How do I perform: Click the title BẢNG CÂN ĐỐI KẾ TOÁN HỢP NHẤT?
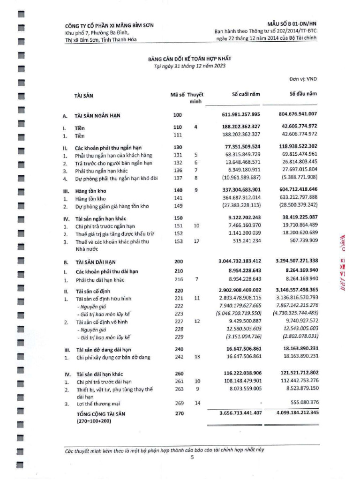coord(190,59)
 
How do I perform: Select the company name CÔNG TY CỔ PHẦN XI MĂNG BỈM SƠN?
coord(109,25)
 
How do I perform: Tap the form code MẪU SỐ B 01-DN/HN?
coord(292,23)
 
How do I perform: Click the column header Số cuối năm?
coord(246,95)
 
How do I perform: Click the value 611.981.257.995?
coord(240,114)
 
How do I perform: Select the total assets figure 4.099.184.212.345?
coord(291,412)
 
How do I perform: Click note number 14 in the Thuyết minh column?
coord(197,403)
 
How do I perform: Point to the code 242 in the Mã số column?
coord(177,357)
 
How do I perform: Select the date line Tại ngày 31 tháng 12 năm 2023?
coord(190,66)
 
